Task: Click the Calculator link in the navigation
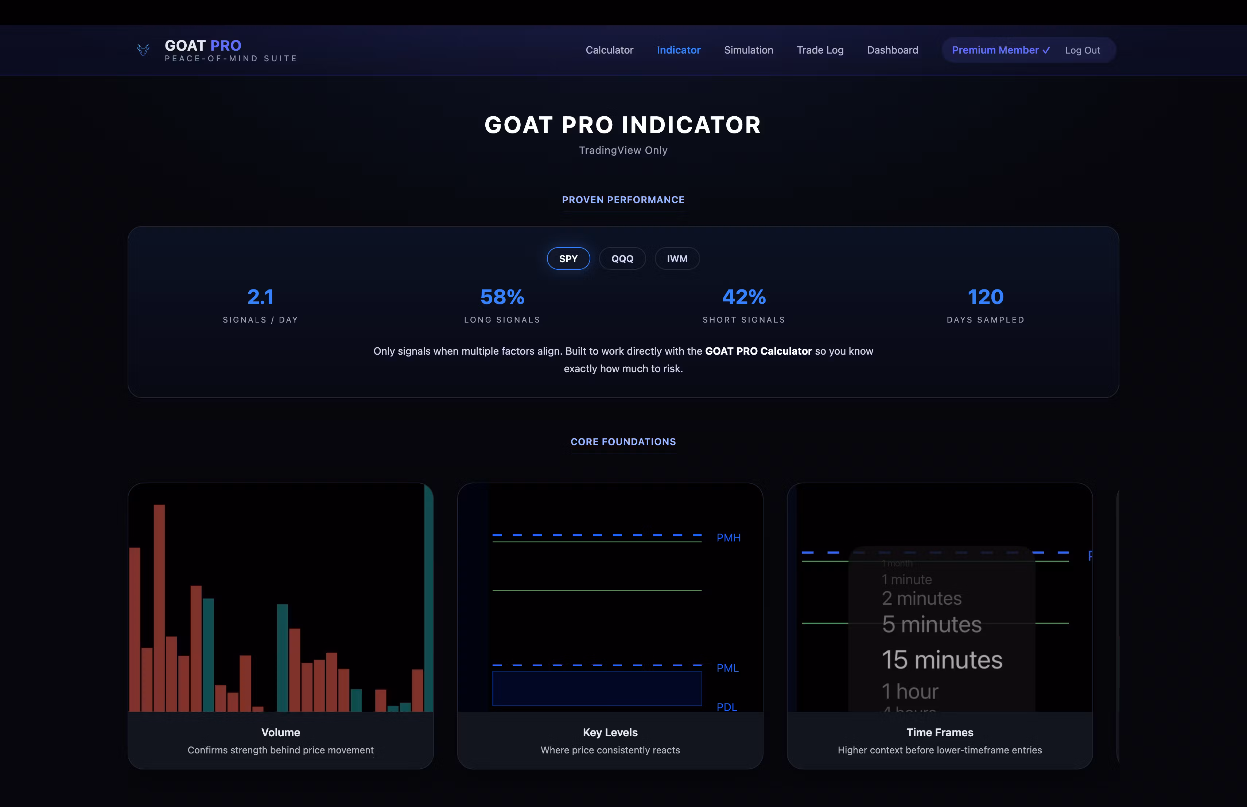[609, 50]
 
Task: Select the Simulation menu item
[748, 50]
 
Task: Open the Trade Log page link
[820, 50]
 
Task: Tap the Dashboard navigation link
[892, 50]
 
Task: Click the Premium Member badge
[1000, 50]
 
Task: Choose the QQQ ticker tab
[622, 259]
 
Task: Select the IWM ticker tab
[677, 259]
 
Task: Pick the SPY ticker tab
[568, 259]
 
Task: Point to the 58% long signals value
[502, 297]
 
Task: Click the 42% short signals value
[743, 297]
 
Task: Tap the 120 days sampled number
[985, 297]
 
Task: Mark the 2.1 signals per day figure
[260, 297]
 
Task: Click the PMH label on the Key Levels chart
[728, 538]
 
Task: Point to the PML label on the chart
[727, 668]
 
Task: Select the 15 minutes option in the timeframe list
[941, 660]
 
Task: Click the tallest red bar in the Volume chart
[159, 608]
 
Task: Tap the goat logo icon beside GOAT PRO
[143, 50]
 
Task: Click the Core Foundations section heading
[623, 442]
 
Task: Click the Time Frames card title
[939, 733]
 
